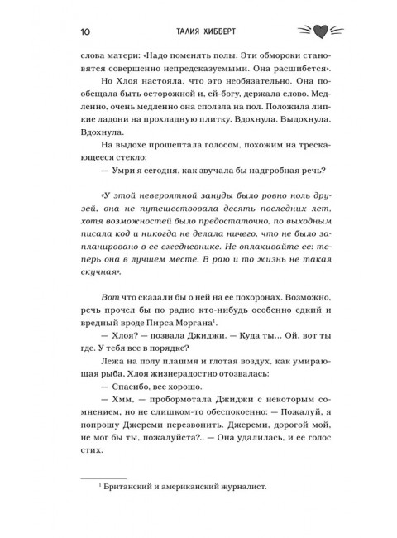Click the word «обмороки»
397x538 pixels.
tap(256, 70)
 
